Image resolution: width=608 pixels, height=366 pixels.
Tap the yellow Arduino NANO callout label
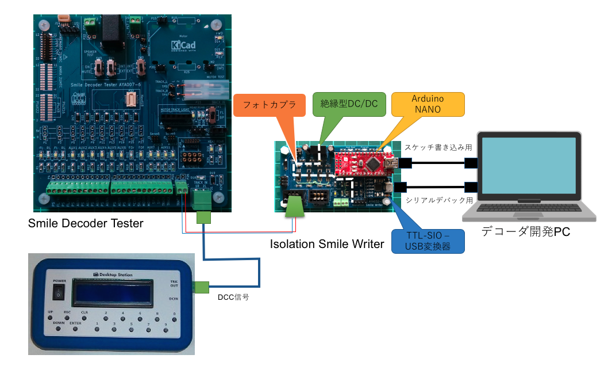point(428,103)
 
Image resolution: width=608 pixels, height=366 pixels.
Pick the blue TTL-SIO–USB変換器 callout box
point(428,241)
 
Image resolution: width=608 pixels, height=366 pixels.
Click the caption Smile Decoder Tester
point(86,223)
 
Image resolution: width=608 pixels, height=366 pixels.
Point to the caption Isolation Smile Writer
point(326,244)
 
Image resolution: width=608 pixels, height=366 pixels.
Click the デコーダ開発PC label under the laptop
point(529,233)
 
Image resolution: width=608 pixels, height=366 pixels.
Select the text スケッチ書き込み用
point(438,148)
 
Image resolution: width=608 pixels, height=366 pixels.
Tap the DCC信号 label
point(233,298)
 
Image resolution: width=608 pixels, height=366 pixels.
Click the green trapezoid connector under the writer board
point(295,207)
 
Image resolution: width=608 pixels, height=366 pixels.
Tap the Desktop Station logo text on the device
point(112,275)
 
